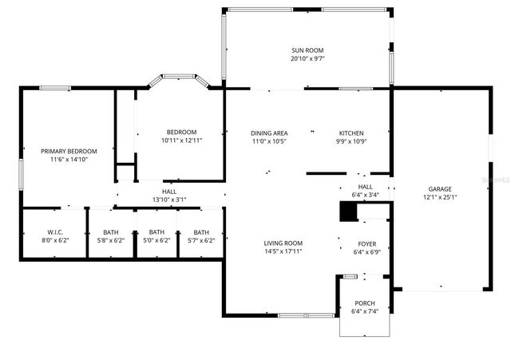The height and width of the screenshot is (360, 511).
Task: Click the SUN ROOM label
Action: (x=307, y=49)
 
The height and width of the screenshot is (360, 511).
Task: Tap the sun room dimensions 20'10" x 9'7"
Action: (x=307, y=58)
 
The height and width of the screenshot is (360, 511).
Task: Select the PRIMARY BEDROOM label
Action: (x=69, y=151)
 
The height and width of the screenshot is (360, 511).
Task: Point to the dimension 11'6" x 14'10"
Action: (x=69, y=160)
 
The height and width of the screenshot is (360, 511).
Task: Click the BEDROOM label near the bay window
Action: (x=181, y=132)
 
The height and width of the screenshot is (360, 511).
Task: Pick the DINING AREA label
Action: (x=269, y=133)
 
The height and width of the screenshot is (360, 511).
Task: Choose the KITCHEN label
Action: (x=351, y=133)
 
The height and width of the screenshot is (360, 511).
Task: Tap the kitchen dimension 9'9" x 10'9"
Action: (x=351, y=141)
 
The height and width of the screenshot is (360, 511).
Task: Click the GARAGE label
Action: (x=440, y=188)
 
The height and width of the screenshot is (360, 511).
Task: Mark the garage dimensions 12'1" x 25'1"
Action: (x=440, y=197)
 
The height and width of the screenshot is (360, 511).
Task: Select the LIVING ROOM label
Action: (x=283, y=243)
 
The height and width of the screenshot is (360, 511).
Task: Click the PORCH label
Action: (x=363, y=303)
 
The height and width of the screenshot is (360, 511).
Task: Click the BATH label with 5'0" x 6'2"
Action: (x=156, y=231)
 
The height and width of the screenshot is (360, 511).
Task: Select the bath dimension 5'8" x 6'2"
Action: (x=110, y=240)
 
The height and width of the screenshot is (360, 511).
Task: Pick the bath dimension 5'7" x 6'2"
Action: (x=201, y=240)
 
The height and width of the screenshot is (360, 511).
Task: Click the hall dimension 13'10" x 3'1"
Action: (x=169, y=200)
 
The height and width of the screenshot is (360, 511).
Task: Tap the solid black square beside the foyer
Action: (x=348, y=211)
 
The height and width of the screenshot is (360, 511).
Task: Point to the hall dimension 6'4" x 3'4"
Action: (x=365, y=194)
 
